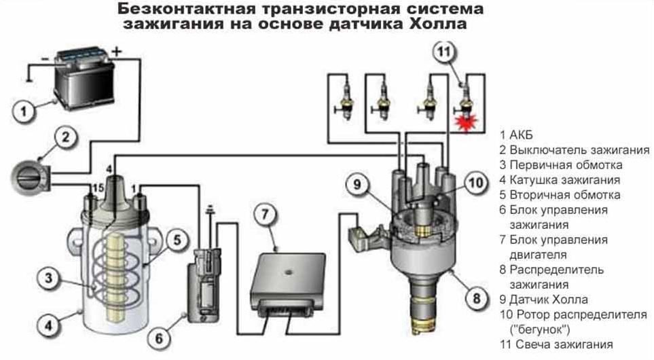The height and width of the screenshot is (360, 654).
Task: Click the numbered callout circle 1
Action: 24,111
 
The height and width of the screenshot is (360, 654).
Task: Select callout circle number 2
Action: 66,138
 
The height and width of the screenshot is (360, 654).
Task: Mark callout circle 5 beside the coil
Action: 175,239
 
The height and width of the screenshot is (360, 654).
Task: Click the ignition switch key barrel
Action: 29,177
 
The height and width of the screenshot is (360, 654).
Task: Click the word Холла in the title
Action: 439,25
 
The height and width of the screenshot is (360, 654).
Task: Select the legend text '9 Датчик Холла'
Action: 543,299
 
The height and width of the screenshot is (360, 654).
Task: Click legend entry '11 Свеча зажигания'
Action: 556,344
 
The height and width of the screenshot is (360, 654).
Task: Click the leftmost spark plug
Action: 346,101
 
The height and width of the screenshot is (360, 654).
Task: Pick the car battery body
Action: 85,82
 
